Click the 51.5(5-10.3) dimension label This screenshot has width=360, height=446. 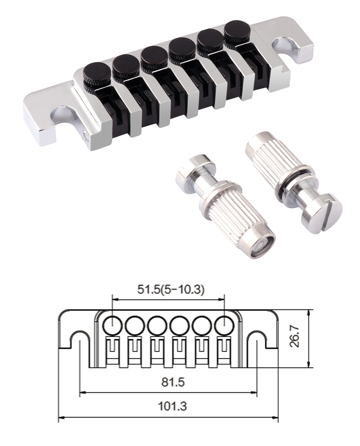[171, 290]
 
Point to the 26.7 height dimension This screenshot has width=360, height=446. [296, 336]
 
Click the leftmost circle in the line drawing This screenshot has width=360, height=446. [113, 325]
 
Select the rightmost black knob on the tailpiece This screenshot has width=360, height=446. [237, 32]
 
